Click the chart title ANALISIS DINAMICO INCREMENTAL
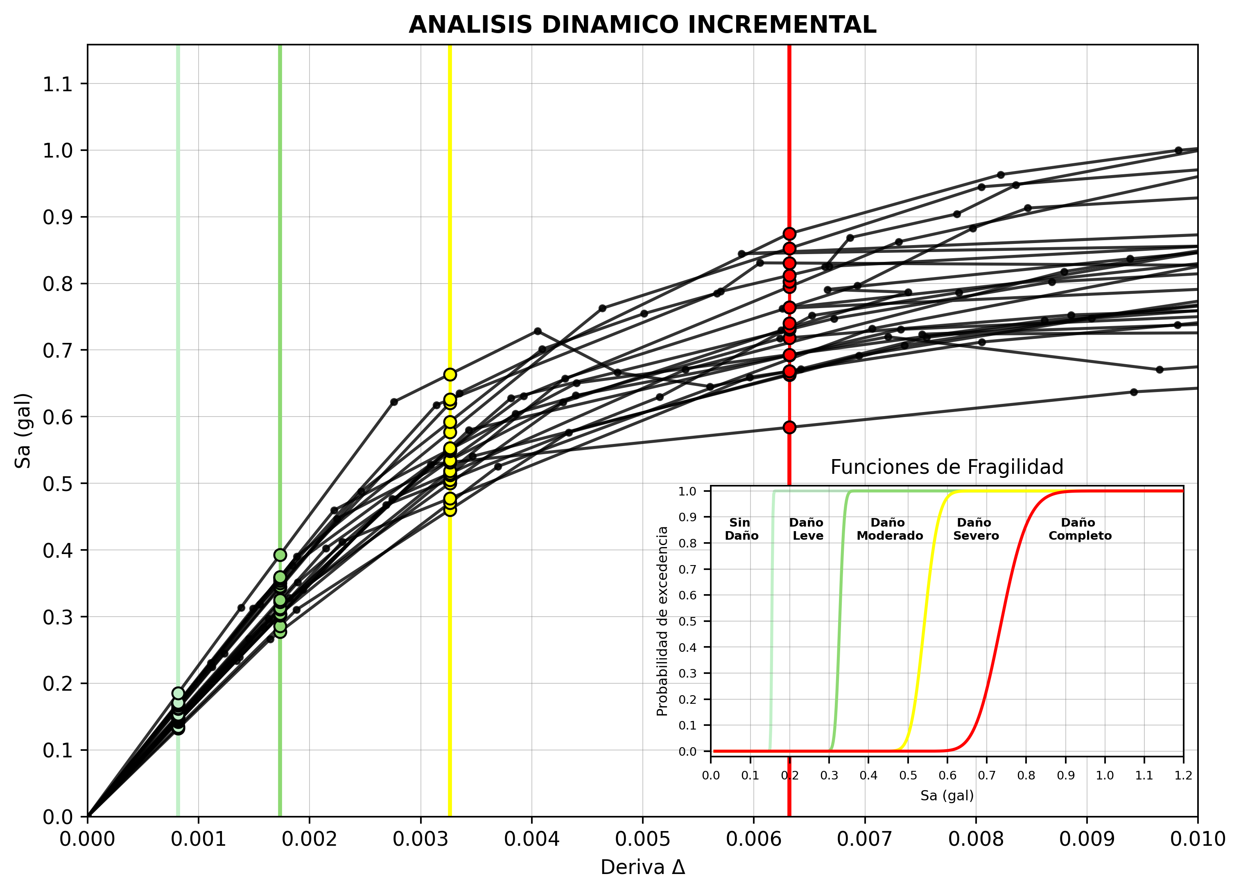[x=642, y=25]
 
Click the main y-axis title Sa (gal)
[x=23, y=430]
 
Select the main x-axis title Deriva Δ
[x=642, y=867]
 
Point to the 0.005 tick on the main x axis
[x=642, y=839]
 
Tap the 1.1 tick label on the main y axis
[x=57, y=84]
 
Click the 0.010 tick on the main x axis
[x=1197, y=839]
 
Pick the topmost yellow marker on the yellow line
[x=450, y=375]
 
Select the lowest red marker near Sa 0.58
[x=789, y=427]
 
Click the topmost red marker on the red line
[x=789, y=234]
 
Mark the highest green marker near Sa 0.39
[x=280, y=555]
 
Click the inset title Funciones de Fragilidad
[x=947, y=467]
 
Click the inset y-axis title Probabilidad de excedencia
[x=662, y=621]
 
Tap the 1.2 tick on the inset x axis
[x=1183, y=775]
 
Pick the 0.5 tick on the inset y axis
[x=687, y=621]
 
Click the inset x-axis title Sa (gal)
[x=947, y=796]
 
